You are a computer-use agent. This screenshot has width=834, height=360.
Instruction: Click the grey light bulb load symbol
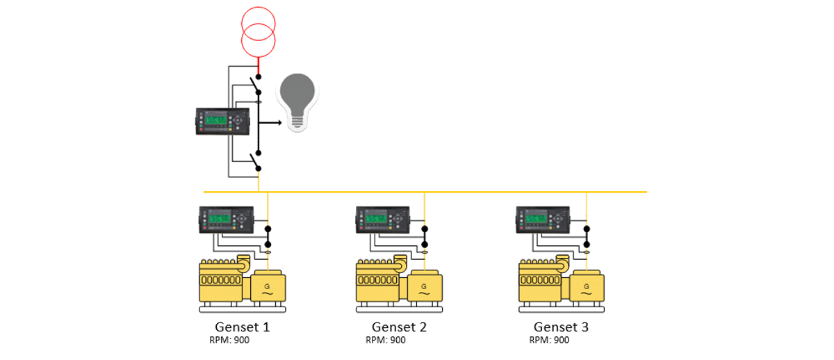tap(297, 101)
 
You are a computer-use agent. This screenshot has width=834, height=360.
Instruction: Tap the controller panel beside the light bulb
tap(224, 121)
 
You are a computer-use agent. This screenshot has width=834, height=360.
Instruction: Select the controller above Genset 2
tap(383, 219)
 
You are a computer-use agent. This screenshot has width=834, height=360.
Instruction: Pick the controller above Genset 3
tap(543, 219)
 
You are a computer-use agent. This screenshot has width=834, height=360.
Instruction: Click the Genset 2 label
tap(399, 327)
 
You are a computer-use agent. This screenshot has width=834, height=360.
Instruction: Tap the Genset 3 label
tap(561, 327)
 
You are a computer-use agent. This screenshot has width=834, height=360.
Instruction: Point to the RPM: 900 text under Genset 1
tap(229, 341)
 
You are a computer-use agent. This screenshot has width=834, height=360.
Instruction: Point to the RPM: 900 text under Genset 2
tap(386, 341)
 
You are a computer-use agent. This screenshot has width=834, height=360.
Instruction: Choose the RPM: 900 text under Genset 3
tap(549, 341)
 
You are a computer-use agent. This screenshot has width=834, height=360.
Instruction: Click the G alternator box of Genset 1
tap(268, 286)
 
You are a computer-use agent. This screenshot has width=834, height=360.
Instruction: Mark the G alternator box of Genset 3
tap(587, 286)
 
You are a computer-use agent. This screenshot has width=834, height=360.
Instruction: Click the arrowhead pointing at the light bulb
tap(279, 122)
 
